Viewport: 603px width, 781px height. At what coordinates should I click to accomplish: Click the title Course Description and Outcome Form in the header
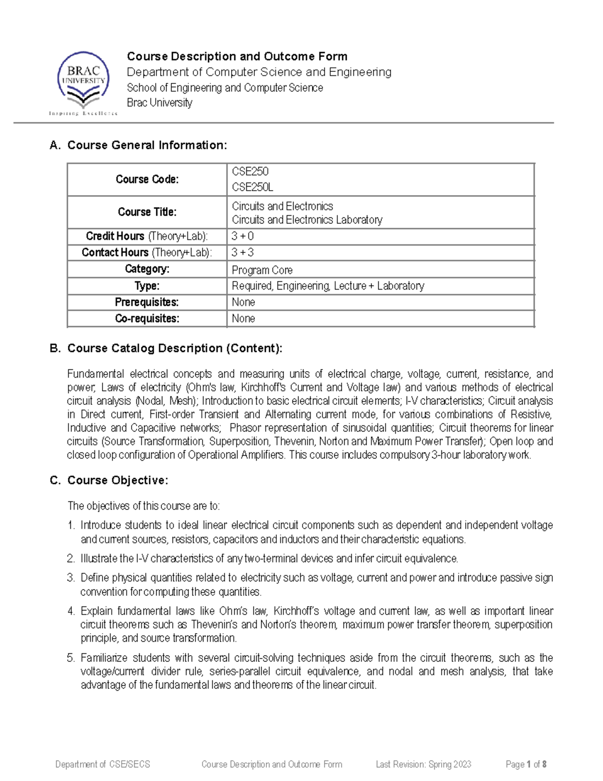tap(237, 56)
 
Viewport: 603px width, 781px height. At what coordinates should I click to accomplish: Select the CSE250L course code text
tap(252, 187)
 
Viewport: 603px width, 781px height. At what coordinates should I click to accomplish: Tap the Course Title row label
tap(147, 212)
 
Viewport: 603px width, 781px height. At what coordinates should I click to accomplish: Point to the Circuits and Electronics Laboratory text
tap(307, 220)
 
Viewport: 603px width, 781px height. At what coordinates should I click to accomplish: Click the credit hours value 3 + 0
tap(242, 236)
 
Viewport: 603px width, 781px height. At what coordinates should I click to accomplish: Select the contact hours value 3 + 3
tap(242, 252)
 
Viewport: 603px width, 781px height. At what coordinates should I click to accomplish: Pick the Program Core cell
tap(262, 270)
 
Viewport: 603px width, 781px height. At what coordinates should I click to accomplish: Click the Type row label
tap(147, 286)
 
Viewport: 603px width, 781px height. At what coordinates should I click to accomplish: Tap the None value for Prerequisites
tap(243, 302)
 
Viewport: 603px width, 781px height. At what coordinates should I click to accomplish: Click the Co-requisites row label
tap(147, 318)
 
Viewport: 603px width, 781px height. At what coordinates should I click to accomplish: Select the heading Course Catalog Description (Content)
tap(174, 348)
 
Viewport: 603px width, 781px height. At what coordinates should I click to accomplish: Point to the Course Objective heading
tap(118, 480)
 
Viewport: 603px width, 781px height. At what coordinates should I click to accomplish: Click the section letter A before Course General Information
tap(55, 145)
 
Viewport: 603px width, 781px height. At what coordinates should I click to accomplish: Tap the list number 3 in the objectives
tap(71, 578)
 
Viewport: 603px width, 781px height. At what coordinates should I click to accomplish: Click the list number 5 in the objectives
tap(71, 658)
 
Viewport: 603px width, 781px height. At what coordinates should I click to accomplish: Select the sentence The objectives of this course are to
tap(143, 506)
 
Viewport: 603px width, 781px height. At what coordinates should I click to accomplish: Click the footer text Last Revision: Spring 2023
tap(423, 764)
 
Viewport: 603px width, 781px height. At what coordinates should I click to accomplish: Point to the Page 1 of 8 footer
tap(526, 764)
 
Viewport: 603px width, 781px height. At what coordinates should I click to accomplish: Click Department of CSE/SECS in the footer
tap(103, 764)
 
